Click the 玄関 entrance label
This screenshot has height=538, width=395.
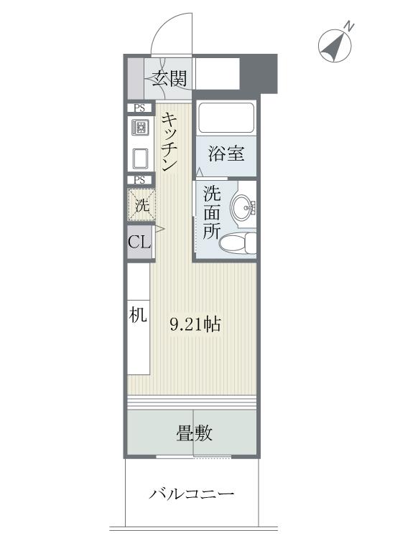pos(169,77)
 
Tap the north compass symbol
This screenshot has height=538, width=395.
pos(335,44)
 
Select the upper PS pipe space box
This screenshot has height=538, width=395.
pos(139,108)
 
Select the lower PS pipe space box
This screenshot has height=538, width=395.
pos(139,180)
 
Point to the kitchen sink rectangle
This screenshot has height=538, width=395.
pos(140,157)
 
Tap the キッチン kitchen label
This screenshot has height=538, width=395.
pos(170,142)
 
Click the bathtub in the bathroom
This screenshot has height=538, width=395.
pos(226,118)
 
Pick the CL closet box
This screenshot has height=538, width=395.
pos(139,242)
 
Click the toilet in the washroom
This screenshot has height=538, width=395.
pos(238,243)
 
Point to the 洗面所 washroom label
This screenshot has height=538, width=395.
pos(211,212)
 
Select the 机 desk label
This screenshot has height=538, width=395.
pos(139,314)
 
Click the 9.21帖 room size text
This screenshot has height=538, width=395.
pos(195,324)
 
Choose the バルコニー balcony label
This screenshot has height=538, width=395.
pos(192,495)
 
